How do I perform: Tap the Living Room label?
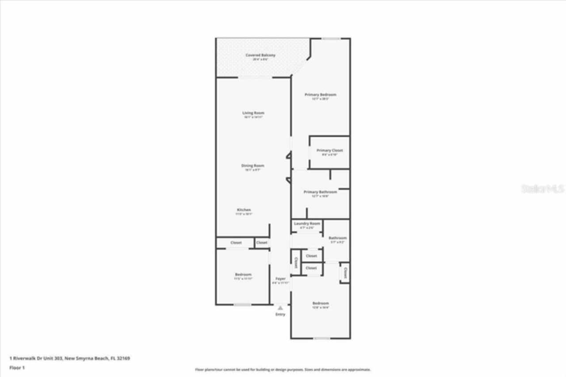253,113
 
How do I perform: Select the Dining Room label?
252,166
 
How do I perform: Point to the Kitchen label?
244,210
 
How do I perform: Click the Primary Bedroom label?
320,95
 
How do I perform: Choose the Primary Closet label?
329,151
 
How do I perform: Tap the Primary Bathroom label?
320,192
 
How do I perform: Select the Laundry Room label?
307,224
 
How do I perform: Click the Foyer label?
280,279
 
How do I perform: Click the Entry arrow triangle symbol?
280,308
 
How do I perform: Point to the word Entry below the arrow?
280,314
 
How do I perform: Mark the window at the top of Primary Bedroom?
330,39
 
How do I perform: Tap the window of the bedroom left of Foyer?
242,305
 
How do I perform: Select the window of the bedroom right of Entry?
321,339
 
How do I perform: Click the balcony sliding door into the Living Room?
255,78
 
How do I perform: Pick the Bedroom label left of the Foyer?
243,275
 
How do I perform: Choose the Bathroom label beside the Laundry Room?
337,238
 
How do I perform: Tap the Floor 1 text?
17,367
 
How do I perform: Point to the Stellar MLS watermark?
543,189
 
